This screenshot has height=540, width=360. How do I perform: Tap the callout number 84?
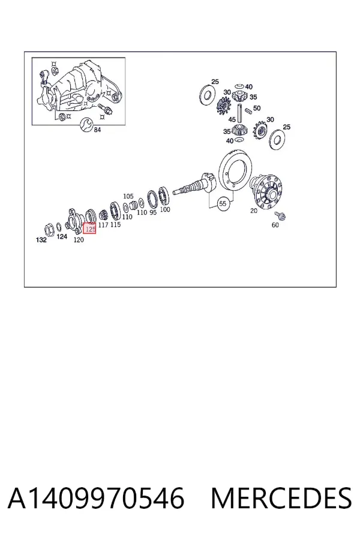(x=97, y=130)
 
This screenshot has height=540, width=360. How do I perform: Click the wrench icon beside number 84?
(x=86, y=124)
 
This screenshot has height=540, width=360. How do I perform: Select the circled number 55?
(x=223, y=203)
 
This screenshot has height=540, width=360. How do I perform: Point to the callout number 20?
(x=254, y=211)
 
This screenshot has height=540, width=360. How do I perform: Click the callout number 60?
(x=275, y=225)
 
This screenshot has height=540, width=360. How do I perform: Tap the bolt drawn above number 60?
(x=280, y=216)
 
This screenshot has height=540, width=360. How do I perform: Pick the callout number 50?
(x=257, y=108)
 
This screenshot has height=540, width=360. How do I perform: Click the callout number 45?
(x=232, y=119)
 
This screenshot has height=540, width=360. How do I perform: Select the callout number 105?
(x=128, y=196)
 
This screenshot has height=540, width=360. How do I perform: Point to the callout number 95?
(x=153, y=212)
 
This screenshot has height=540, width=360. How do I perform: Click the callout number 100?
(x=165, y=209)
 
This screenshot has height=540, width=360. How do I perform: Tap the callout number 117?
(x=103, y=224)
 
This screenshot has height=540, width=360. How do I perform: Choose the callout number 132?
(x=41, y=239)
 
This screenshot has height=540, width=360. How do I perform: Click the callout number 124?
(x=62, y=236)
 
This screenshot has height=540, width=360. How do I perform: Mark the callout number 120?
(x=79, y=239)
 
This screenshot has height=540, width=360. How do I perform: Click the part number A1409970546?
(x=96, y=499)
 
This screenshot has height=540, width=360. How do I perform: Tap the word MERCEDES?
(x=281, y=499)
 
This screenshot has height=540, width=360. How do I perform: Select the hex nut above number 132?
(x=50, y=229)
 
